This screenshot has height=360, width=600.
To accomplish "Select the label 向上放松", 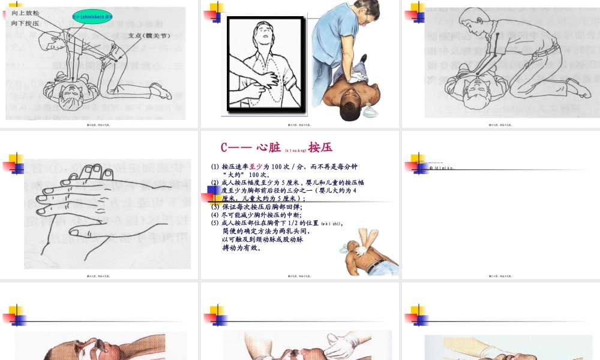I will pyautogui.click(x=25, y=13).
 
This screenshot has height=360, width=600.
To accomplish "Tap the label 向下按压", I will pyautogui.click(x=25, y=23).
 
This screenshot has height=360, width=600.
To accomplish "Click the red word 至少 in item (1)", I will pyautogui.click(x=256, y=166).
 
